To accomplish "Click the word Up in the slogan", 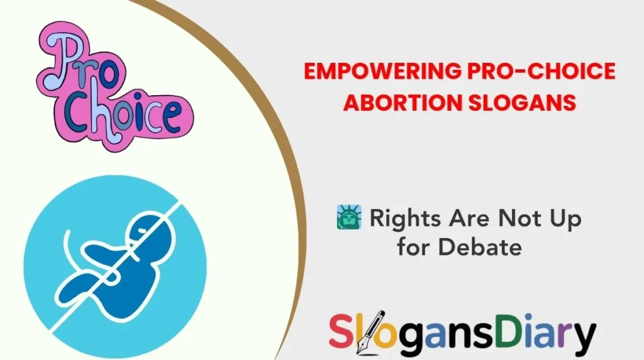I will click(564, 220).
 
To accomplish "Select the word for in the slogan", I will click(414, 247).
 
